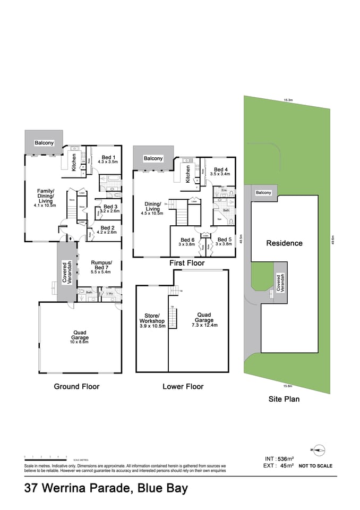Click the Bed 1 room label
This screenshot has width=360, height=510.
109,158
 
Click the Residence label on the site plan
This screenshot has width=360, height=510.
284,243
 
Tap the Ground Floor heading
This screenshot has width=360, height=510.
76,386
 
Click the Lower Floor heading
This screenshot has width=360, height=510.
184,386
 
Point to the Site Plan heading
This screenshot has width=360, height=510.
284,399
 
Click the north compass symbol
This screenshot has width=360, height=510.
318,450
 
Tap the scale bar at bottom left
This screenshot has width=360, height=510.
45,456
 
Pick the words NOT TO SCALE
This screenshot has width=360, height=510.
316,466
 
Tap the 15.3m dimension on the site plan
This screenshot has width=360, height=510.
288,100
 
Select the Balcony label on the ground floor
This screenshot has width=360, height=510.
44,143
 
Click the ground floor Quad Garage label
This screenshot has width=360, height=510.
80,335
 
